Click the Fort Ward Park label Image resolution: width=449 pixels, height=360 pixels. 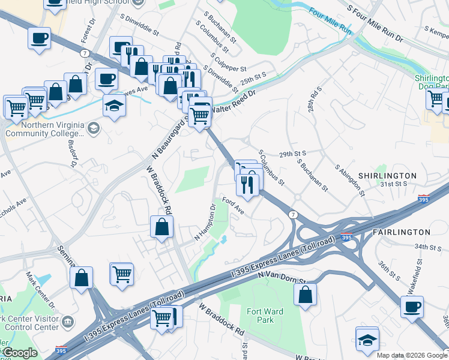[260, 316]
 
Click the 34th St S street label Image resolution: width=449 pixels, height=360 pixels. [427, 247]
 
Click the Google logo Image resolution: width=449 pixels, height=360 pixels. [19, 353]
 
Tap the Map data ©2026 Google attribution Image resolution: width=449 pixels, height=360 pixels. [411, 355]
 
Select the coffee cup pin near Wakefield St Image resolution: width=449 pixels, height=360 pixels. [412, 307]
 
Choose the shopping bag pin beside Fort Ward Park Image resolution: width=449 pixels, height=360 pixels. [306, 294]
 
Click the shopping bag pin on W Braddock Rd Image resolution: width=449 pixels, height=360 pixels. [161, 227]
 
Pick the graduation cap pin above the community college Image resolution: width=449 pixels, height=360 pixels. [113, 106]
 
